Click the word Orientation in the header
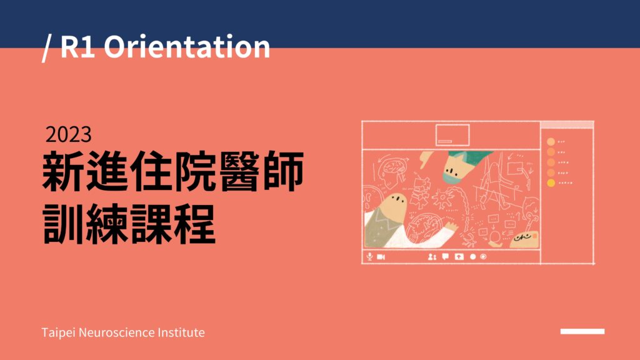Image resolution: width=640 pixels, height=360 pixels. [187, 46]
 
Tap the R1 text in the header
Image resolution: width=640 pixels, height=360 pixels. [77, 46]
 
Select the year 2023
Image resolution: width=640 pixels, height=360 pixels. [69, 135]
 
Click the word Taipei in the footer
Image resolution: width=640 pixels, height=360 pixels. [58, 332]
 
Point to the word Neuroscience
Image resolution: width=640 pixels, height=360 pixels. [116, 332]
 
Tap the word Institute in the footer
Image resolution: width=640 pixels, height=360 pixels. [181, 332]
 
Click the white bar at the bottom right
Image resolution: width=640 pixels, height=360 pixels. [582, 331]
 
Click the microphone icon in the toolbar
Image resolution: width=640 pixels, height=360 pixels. [369, 256]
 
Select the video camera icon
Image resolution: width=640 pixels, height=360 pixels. [381, 257]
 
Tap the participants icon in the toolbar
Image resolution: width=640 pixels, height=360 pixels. [432, 257]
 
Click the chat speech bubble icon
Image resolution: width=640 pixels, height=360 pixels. [445, 256]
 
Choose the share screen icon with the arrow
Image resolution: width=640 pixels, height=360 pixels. [459, 257]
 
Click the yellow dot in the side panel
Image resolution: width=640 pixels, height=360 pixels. [551, 183]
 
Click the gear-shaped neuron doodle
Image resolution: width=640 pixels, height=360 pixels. [442, 199]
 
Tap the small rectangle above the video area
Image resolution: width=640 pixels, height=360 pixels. [452, 135]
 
